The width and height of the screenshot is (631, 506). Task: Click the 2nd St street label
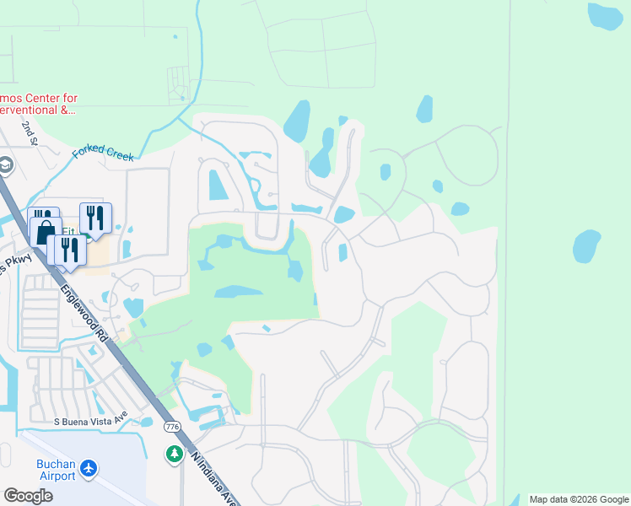click(x=31, y=132)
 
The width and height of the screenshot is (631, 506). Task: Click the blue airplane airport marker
click(x=90, y=467)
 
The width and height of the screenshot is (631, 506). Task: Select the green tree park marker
click(x=175, y=455)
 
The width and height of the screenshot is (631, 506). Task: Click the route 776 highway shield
click(x=173, y=427)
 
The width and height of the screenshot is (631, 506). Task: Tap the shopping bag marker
click(x=46, y=231)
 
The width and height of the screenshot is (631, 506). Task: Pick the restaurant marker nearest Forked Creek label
click(x=96, y=218)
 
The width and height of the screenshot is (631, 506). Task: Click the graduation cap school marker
click(x=6, y=165)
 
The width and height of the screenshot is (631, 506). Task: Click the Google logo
click(x=28, y=496)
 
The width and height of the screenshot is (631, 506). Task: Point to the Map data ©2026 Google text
click(x=578, y=499)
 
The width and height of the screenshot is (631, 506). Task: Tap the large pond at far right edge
click(x=587, y=246)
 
